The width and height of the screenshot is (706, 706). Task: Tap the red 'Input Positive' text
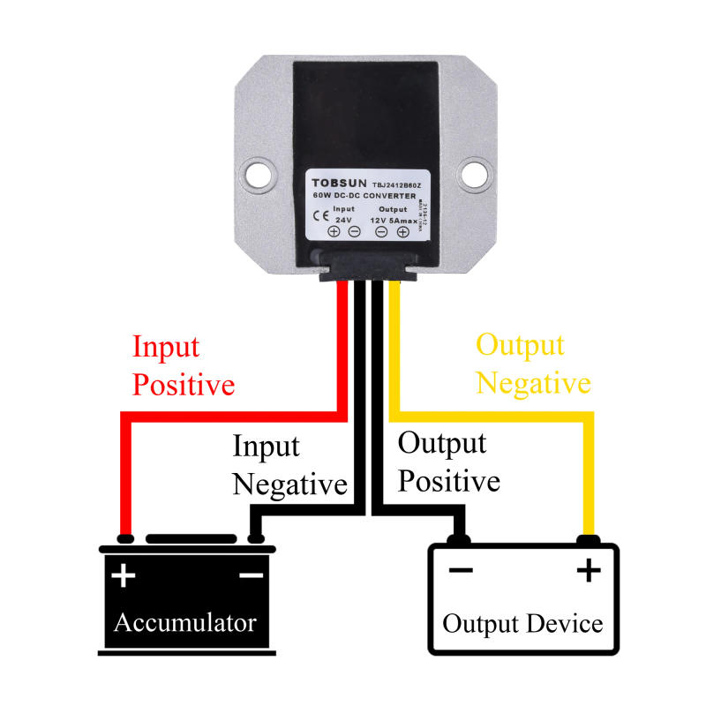click(184, 365)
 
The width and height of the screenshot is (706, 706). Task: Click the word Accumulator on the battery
click(185, 622)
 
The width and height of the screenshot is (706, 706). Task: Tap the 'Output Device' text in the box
click(522, 624)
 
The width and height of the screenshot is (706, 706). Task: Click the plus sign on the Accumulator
click(124, 576)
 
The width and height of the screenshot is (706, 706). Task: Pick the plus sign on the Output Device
click(589, 571)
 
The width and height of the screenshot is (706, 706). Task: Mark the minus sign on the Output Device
click(461, 570)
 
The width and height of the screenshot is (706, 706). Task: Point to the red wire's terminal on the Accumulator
click(126, 537)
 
